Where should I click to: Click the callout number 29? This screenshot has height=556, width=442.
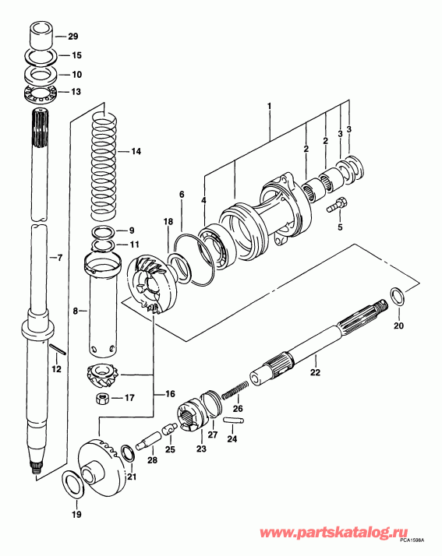[x=73, y=37]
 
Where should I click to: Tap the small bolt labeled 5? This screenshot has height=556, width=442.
[x=336, y=207]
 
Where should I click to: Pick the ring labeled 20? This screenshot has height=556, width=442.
[x=395, y=297]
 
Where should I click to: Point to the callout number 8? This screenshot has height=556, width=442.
[x=76, y=310]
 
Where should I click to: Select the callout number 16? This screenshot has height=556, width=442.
[x=168, y=395]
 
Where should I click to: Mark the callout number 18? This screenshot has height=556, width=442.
[x=167, y=222]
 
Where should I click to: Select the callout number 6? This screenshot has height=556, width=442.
[x=181, y=194]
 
